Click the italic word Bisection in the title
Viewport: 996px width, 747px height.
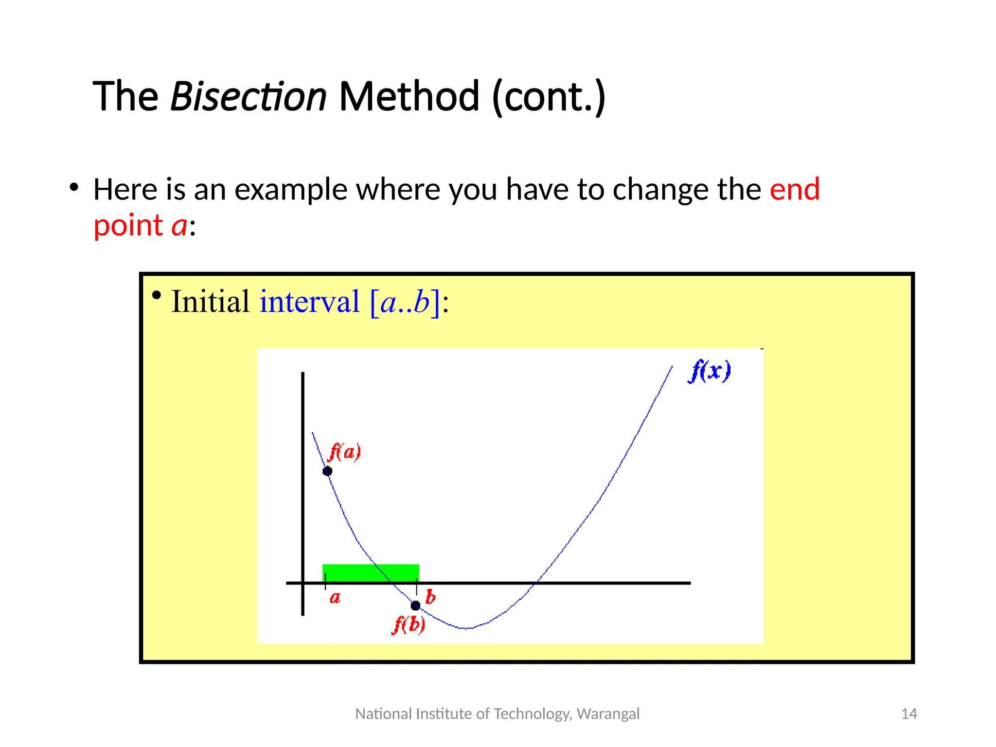point(248,96)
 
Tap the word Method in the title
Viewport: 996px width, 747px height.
point(409,96)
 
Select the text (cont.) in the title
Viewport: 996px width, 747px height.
point(549,96)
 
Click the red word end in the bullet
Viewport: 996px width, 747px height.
point(795,189)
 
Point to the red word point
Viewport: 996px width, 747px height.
point(128,226)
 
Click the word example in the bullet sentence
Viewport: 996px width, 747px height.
point(291,189)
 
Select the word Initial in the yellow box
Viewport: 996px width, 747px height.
point(210,302)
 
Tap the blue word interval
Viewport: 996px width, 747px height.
point(309,302)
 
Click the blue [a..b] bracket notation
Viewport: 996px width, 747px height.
point(405,302)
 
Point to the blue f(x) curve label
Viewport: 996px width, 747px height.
point(710,371)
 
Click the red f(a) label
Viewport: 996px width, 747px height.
point(344,452)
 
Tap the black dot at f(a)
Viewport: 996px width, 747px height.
point(327,471)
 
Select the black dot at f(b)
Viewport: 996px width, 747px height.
point(415,605)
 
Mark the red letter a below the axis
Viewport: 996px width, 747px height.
point(335,598)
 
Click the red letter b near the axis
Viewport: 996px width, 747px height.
point(430,597)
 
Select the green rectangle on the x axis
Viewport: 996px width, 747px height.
point(371,573)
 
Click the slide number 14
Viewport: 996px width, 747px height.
point(908,714)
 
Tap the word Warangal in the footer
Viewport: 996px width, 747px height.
point(608,714)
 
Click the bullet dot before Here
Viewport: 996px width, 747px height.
point(74,187)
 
